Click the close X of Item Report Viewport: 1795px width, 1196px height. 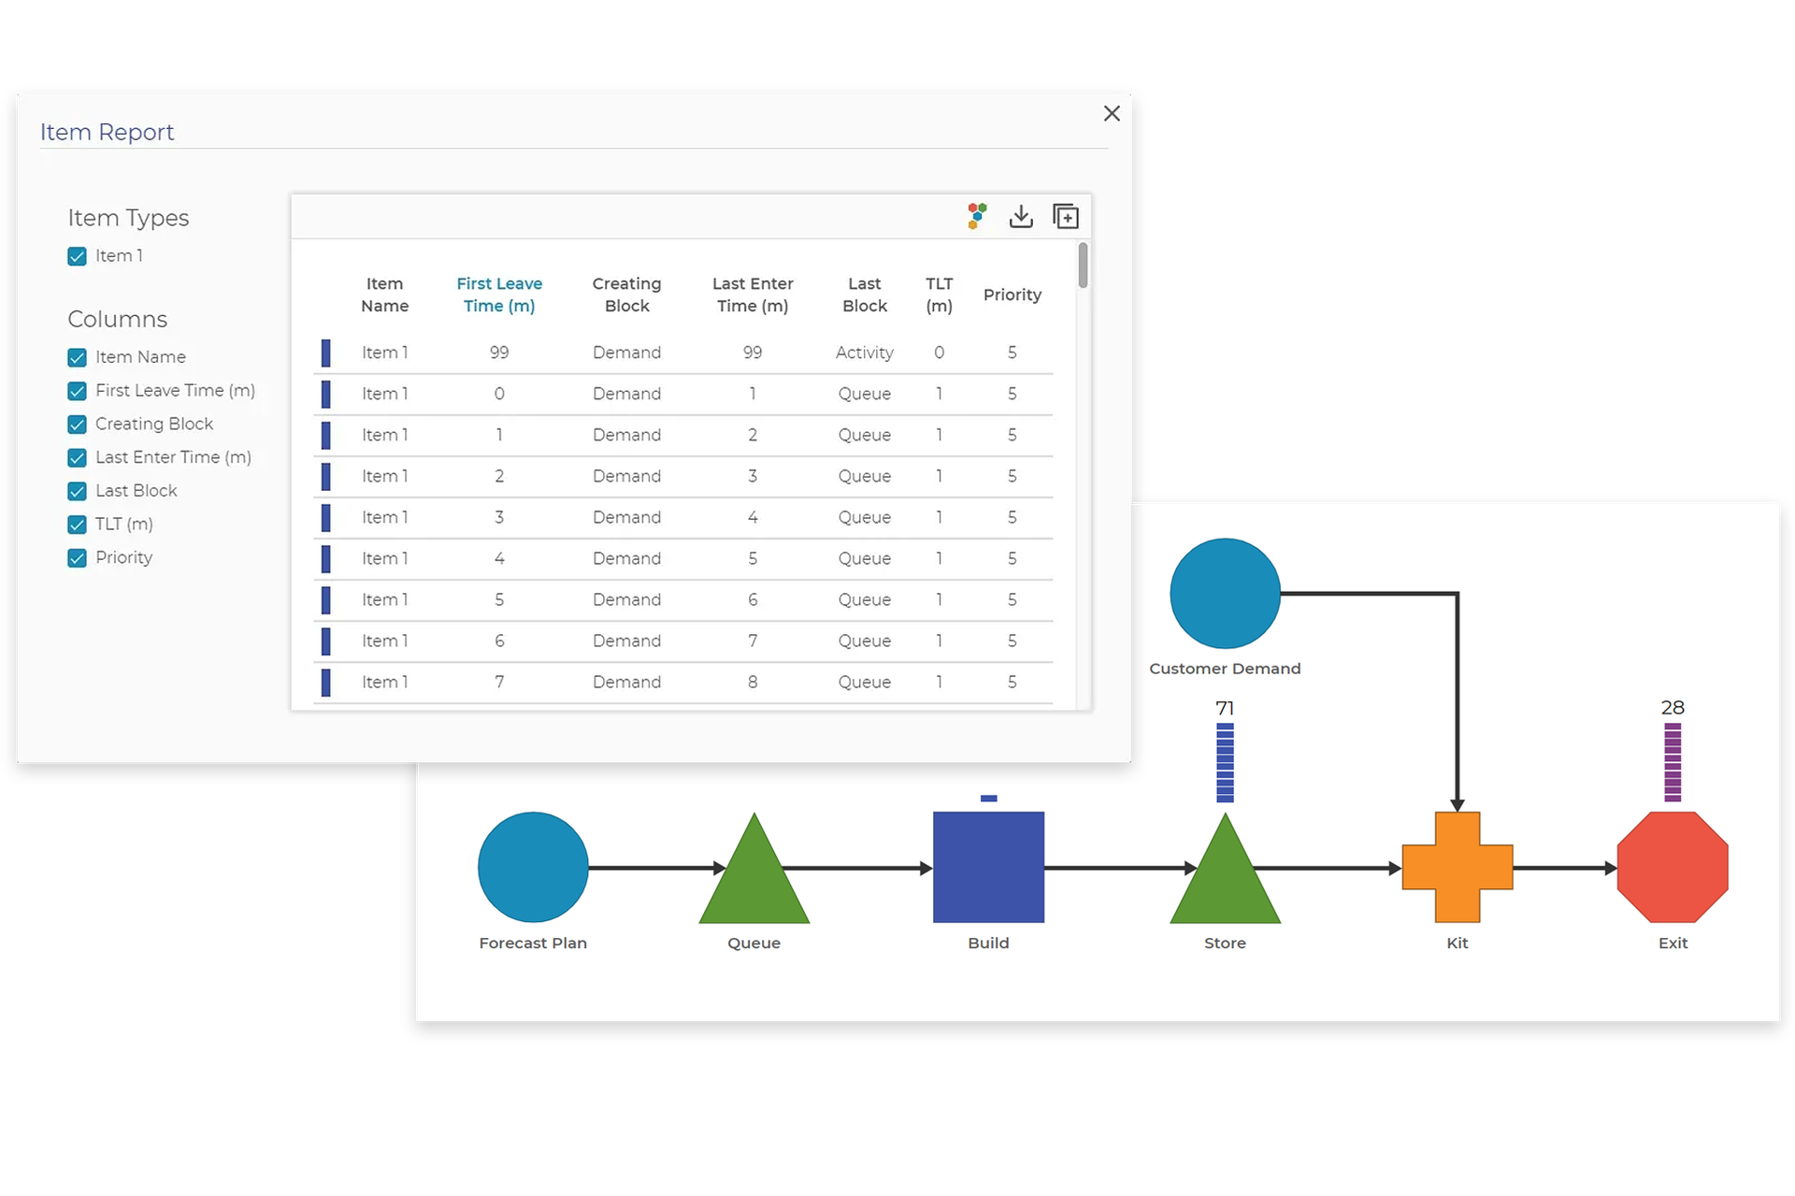tap(1112, 113)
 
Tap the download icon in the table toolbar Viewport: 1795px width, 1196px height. tap(1021, 217)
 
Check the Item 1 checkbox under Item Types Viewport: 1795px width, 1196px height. tap(78, 256)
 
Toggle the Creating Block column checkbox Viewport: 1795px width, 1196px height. tap(78, 425)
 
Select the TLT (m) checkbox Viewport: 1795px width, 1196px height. tap(78, 525)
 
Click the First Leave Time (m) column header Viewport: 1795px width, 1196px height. tap(499, 295)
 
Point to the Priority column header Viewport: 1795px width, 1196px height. tap(1012, 295)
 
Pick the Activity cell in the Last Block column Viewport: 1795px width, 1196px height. tap(864, 353)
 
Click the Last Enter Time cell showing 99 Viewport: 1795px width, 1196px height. tap(752, 353)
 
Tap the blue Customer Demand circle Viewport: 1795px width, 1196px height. tap(1225, 594)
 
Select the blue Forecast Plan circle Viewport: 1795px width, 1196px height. tap(533, 867)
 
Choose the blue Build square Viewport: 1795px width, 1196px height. tap(988, 867)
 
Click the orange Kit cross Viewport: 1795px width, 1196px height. tap(1457, 867)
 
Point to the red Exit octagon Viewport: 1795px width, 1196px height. tap(1672, 867)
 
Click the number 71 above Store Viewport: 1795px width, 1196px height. tap(1225, 708)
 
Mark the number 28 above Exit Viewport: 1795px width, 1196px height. tap(1672, 708)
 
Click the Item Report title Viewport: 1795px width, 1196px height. tap(107, 132)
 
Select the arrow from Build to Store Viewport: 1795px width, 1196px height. tap(1113, 868)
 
